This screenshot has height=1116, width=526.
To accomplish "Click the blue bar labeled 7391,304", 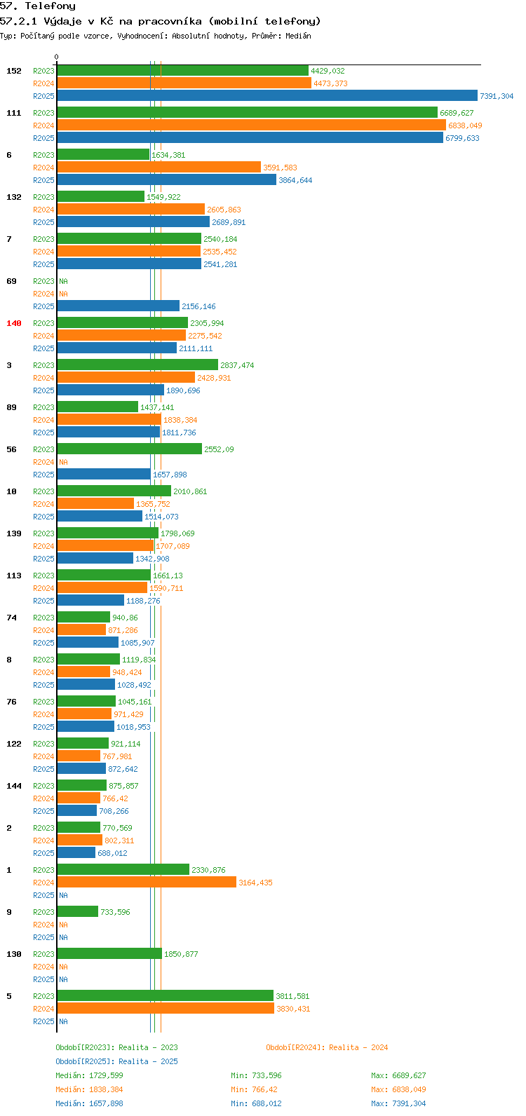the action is point(267,95).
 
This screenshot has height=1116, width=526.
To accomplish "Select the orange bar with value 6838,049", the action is point(251,125).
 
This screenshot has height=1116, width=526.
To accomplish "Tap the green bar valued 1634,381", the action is point(103,154).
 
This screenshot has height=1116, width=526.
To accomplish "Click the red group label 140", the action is point(14,323).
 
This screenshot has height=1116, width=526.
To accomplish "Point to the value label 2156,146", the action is point(198,306).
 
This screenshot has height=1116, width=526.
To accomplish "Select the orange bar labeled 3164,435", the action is point(147,883).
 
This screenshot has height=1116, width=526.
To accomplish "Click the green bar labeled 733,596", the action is point(78,912).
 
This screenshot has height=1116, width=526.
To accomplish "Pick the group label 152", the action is point(14,71).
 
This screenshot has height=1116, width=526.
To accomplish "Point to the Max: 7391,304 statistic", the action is point(398,1103).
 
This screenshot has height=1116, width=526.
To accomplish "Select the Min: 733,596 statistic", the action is point(256,1075).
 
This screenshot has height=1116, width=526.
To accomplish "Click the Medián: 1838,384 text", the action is point(89,1089).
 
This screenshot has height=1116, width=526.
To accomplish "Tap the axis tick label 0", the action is point(56,57).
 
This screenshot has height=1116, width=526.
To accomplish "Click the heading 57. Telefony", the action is point(38,6).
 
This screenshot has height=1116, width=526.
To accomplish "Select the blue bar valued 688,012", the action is point(76,853).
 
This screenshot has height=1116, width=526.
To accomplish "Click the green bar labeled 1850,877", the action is point(109,953).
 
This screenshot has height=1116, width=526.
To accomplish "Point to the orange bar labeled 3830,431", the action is point(166,1008).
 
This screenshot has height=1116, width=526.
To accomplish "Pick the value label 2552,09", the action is point(219,449).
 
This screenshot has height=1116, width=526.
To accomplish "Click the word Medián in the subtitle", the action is point(298,36).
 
